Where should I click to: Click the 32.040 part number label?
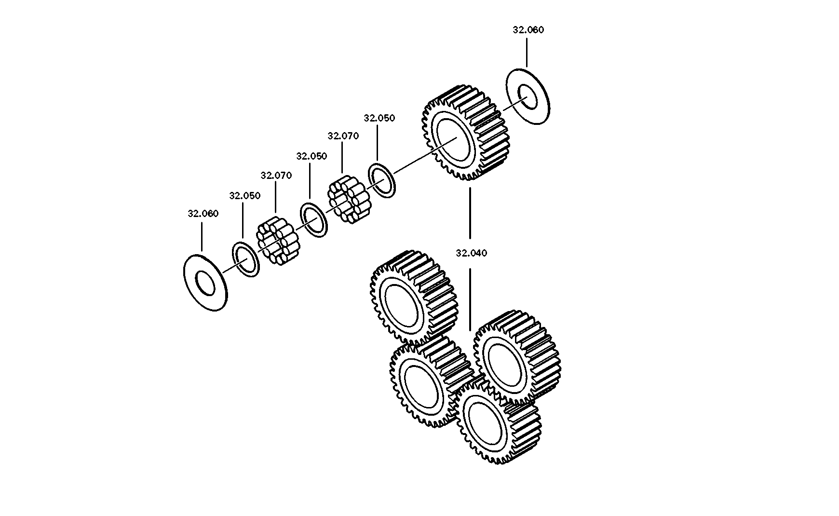pyautogui.click(x=471, y=253)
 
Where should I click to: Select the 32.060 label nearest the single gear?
pyautogui.click(x=528, y=29)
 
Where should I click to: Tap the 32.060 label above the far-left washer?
pyautogui.click(x=203, y=213)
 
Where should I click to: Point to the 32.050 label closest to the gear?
pyautogui.click(x=379, y=118)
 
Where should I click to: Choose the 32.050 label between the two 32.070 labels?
pyautogui.click(x=311, y=156)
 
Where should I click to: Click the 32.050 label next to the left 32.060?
pyautogui.click(x=244, y=195)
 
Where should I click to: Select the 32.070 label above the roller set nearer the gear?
pyautogui.click(x=343, y=136)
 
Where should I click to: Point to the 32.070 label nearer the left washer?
pyautogui.click(x=276, y=175)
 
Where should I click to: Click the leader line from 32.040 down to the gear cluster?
pyautogui.click(x=470, y=299)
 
